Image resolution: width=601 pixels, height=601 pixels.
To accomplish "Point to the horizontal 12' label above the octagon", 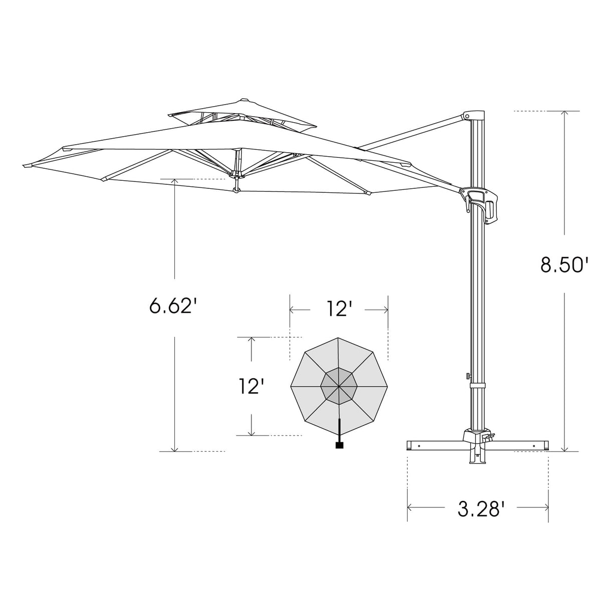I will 338,309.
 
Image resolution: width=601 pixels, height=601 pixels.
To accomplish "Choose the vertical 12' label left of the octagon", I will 250,386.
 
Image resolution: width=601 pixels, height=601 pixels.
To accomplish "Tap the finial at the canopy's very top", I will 244,100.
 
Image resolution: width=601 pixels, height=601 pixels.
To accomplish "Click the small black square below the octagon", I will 340,444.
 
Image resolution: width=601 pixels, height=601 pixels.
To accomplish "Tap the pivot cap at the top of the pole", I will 474,116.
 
